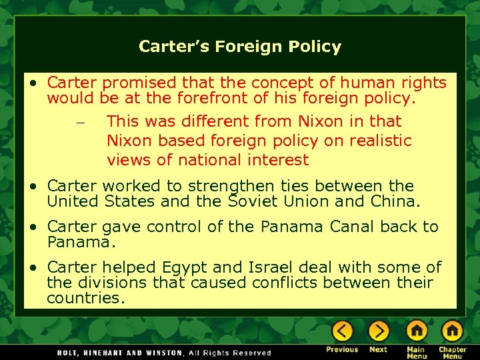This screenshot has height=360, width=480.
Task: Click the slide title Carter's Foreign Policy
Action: click(x=240, y=47)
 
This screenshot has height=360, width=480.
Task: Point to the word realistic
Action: click(x=377, y=141)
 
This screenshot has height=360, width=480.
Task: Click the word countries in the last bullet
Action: click(x=85, y=298)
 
